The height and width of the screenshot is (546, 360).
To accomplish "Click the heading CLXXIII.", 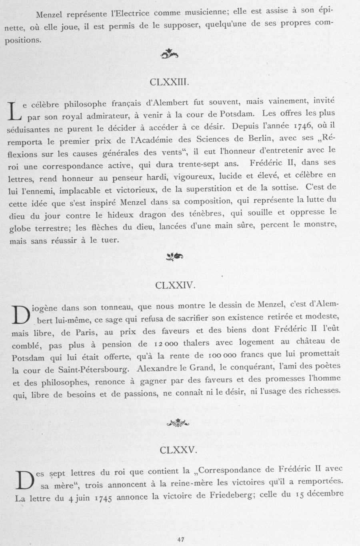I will pos(169,83).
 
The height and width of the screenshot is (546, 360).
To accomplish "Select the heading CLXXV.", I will pos(178,450).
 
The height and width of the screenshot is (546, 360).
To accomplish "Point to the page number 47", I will pos(180,539).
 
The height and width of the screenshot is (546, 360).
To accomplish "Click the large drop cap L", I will pos(14,111).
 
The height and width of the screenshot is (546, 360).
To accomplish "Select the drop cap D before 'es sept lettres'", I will pos(24,479).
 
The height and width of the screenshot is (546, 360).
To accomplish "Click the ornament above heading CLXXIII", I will pos(169,54).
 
